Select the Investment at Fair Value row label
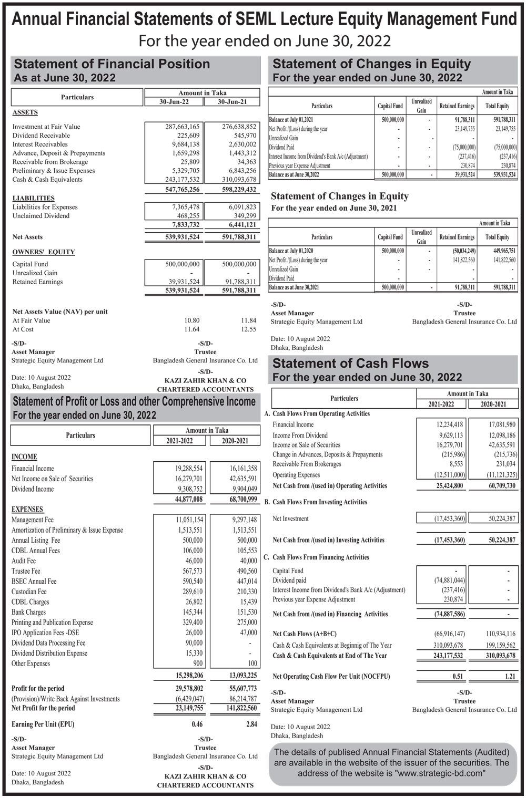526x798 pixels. [x=46, y=127]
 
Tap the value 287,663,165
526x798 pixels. [x=179, y=127]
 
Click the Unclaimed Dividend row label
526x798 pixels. [x=41, y=216]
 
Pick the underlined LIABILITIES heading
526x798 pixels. [x=33, y=198]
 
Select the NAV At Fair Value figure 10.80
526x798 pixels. [x=191, y=320]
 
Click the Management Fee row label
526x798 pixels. [x=33, y=520]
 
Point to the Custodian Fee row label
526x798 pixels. [x=29, y=592]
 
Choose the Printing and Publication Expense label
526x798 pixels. [x=52, y=623]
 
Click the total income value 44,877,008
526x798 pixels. [x=188, y=499]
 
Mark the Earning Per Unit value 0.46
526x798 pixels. [x=197, y=724]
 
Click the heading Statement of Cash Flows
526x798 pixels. [x=350, y=364]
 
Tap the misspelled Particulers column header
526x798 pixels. [x=344, y=398]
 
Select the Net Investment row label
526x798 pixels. [x=290, y=519]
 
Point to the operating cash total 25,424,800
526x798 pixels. [x=450, y=486]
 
